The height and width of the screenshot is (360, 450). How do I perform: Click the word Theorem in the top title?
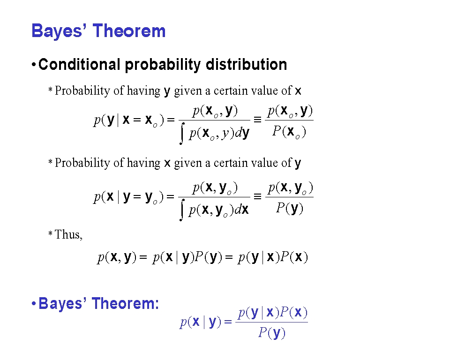(x=129, y=31)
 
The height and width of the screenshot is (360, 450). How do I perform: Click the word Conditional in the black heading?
(x=79, y=64)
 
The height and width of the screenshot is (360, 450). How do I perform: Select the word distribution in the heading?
(x=246, y=64)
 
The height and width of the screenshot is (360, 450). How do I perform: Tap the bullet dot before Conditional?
(x=34, y=65)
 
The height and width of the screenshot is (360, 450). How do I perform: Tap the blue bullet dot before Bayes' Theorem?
(x=34, y=303)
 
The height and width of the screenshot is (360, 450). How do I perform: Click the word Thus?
(x=68, y=234)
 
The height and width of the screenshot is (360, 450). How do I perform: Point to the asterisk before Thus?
(x=50, y=233)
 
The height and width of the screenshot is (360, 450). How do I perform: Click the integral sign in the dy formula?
(x=182, y=135)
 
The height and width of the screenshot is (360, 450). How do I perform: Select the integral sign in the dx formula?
(x=182, y=210)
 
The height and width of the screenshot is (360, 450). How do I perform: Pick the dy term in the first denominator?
(x=242, y=133)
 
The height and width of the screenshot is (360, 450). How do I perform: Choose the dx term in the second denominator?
(x=241, y=210)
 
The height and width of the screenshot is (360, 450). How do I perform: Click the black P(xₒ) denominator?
(x=289, y=132)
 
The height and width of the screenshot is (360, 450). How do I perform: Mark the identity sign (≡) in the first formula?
(x=257, y=120)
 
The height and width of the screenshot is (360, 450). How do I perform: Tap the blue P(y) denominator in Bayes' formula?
(x=271, y=333)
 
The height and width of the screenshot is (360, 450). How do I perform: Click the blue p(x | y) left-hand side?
(x=200, y=322)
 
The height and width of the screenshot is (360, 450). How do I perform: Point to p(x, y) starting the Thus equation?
(x=117, y=257)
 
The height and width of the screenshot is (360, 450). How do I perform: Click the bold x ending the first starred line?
(x=298, y=91)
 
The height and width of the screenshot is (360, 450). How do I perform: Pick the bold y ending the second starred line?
(x=298, y=164)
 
